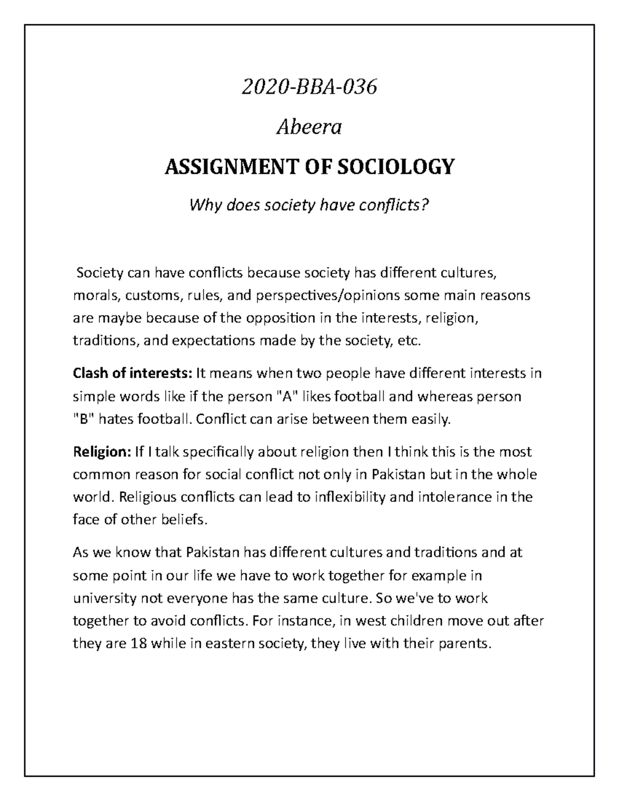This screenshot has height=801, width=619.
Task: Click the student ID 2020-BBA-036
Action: [309, 88]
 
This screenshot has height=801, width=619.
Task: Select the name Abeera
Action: [309, 127]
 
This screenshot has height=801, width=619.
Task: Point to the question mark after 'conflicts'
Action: [426, 206]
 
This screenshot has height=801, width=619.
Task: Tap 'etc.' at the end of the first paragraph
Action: [411, 341]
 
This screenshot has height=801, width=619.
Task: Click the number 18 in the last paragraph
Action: [135, 644]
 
